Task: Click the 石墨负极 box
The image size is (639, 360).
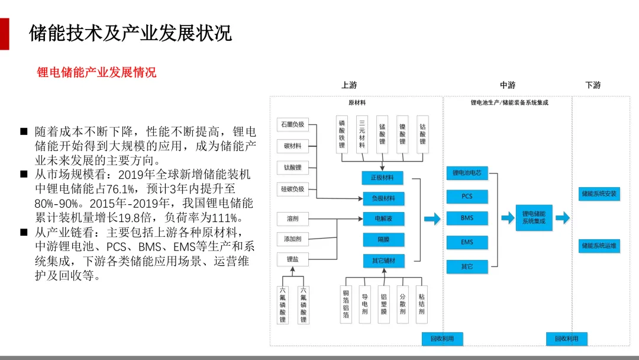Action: coord(292,124)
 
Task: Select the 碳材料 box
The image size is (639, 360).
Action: coord(292,146)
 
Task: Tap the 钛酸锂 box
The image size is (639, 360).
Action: coord(292,168)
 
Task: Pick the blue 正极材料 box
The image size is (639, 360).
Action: coord(383,177)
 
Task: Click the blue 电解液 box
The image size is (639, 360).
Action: coord(383,218)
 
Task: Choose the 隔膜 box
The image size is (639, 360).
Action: coord(383,239)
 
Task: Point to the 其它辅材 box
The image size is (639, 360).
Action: coord(383,261)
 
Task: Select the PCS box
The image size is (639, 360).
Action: coord(467,196)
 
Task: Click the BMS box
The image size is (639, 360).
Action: coord(467,218)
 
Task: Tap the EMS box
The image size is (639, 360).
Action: coord(467,242)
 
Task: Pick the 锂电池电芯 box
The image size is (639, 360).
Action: coord(467,173)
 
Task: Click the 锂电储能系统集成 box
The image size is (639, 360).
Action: coord(534,217)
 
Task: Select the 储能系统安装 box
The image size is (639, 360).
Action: coord(599,194)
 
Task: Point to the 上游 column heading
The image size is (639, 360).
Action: coord(349,85)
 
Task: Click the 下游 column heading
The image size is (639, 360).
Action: coord(593,85)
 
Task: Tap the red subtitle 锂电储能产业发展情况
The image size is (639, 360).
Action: coord(96,72)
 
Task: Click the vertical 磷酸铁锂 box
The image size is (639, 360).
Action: coord(342,134)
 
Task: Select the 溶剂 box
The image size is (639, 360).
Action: coord(292,218)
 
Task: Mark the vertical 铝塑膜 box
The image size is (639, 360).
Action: coord(383,304)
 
